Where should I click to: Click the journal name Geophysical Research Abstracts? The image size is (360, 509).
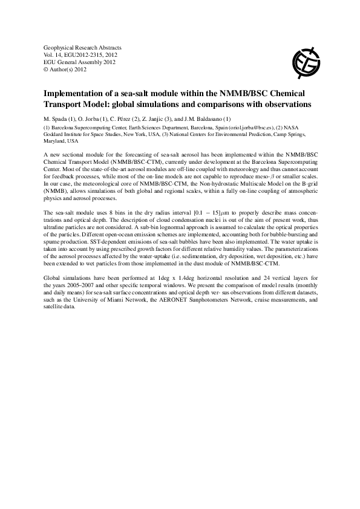(82, 47)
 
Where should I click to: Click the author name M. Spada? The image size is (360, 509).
(58, 118)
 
